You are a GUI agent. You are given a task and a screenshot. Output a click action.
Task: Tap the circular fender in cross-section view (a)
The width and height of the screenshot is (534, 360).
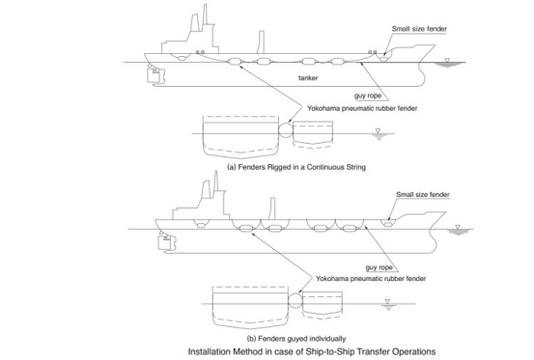coord(284,129)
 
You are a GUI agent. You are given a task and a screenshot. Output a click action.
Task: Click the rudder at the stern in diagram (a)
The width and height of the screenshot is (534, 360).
coord(152,73)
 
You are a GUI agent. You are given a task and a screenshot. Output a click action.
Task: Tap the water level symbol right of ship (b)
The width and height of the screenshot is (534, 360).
coord(445,228)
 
